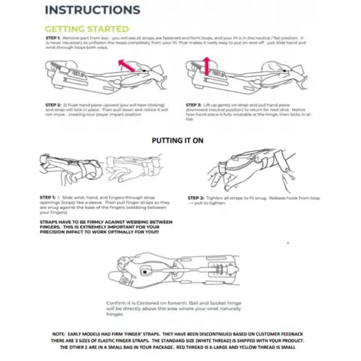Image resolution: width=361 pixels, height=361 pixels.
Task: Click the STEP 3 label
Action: click(x=197, y=105)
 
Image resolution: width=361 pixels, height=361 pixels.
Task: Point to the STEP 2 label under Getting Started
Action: click(x=54, y=105)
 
